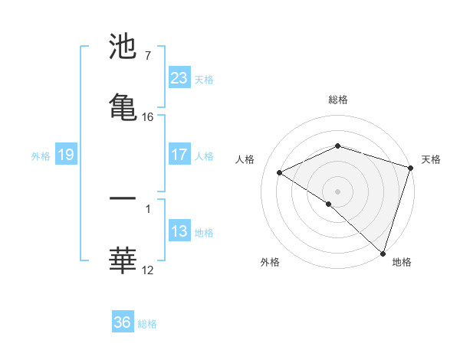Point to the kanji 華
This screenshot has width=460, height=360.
click(x=123, y=259)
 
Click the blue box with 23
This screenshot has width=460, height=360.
click(x=179, y=78)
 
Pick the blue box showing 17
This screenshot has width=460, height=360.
click(x=179, y=155)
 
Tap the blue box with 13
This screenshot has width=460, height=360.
click(x=179, y=231)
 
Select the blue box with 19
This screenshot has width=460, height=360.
click(x=65, y=155)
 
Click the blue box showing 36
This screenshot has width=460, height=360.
click(x=123, y=322)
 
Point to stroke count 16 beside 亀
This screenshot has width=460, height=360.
click(x=148, y=117)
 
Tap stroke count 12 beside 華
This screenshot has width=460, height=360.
click(x=148, y=270)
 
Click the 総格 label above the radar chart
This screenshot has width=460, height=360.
click(x=338, y=100)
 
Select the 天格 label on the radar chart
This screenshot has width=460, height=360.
click(x=431, y=159)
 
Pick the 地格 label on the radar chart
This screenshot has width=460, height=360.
click(x=402, y=262)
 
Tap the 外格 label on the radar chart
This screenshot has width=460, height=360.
click(x=270, y=262)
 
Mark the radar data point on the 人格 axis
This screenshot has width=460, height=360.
click(x=280, y=172)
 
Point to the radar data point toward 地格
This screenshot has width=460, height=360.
click(x=383, y=252)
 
